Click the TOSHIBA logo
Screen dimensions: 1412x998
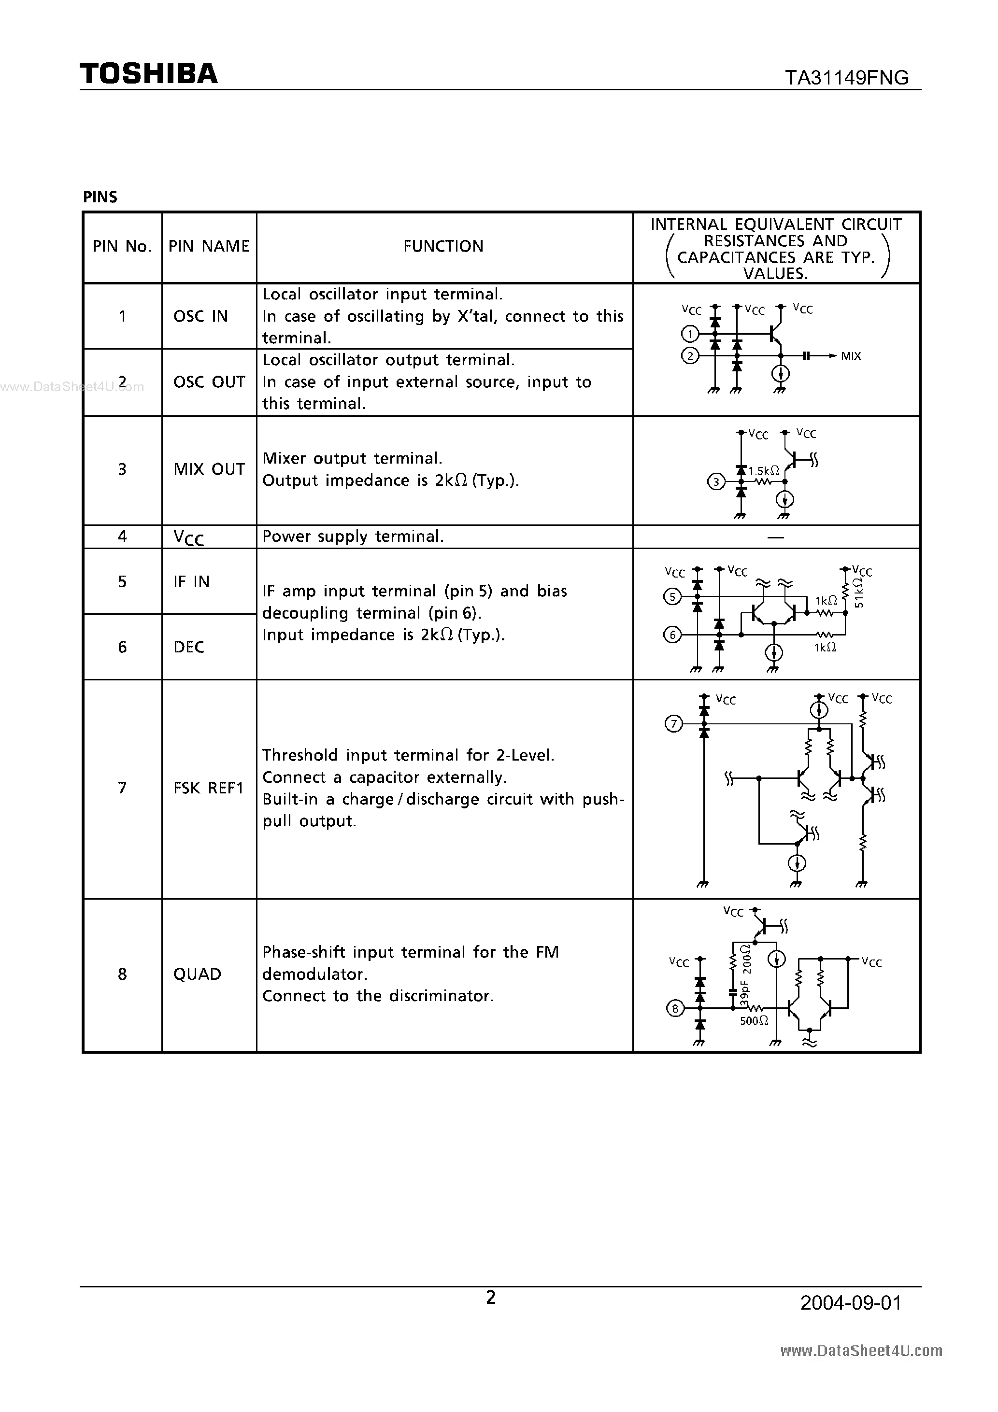(148, 74)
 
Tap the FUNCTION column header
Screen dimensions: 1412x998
(443, 247)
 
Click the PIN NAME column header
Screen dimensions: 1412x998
(209, 247)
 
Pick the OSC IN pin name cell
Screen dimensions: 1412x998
(200, 316)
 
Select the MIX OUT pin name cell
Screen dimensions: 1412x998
(209, 469)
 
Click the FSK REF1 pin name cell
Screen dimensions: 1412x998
(209, 788)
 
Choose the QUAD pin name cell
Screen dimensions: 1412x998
(197, 974)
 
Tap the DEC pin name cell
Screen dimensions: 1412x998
(189, 647)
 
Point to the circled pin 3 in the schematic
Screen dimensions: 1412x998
(716, 482)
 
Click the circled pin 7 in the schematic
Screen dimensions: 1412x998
(674, 724)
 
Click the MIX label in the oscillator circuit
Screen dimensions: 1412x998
(851, 356)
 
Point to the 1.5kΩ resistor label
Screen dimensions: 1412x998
(764, 471)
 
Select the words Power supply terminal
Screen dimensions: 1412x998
(353, 537)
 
